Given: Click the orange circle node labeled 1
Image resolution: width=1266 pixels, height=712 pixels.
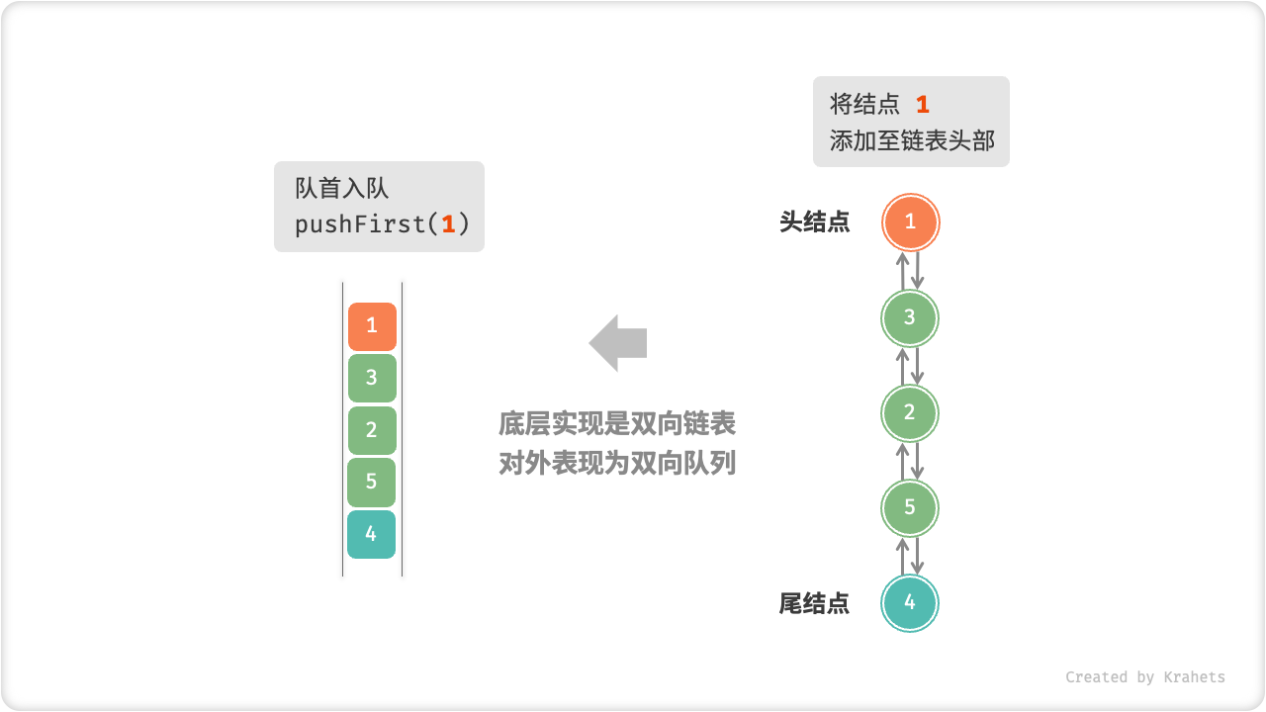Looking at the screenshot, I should (910, 222).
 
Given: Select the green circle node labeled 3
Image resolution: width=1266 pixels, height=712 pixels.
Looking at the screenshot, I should (910, 317).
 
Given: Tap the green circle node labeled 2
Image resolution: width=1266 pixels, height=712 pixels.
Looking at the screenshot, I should (910, 412).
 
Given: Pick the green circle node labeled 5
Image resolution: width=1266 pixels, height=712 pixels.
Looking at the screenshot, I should (910, 507).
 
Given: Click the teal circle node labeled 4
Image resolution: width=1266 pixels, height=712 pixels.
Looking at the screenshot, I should (910, 602).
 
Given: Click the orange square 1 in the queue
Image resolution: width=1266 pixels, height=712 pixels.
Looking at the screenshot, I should (372, 326).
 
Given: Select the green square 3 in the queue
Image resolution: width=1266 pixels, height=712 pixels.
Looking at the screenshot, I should (372, 378).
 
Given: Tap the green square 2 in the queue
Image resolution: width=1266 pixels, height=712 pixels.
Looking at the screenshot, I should (372, 430).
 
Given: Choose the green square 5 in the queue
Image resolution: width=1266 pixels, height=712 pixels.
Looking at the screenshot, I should (372, 482).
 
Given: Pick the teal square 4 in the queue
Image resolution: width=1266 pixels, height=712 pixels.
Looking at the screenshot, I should (372, 534).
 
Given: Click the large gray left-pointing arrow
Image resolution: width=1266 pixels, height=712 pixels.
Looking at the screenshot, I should (618, 343).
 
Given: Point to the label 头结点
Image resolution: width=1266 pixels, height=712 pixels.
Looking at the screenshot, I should (814, 222).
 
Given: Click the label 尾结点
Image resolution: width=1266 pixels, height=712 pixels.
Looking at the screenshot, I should (814, 603).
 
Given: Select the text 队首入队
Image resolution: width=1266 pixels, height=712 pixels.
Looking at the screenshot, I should (342, 189).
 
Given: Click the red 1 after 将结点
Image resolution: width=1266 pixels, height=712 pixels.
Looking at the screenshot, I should (922, 105).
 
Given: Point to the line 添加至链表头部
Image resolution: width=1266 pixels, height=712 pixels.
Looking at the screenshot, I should (912, 140).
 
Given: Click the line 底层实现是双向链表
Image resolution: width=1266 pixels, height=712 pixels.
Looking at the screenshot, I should (617, 425).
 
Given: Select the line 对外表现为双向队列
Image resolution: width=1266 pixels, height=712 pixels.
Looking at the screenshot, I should (617, 463).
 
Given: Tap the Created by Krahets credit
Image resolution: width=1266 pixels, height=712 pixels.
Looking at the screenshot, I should (1144, 677).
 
